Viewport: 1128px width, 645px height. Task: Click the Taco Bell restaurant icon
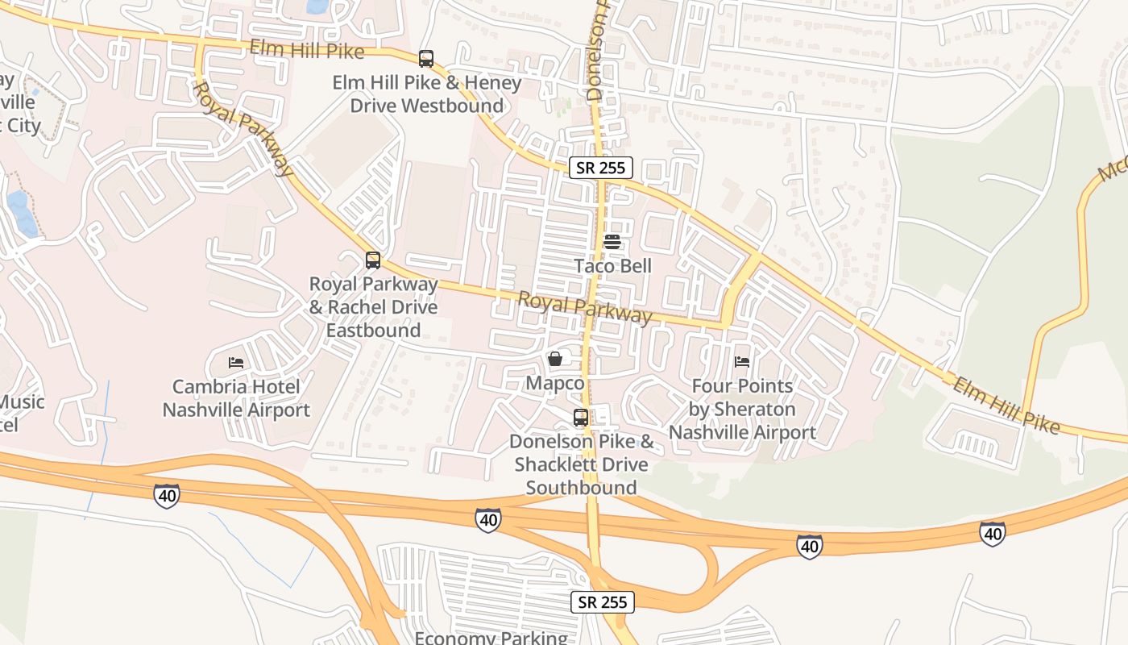612,241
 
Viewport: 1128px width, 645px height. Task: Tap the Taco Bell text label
612,266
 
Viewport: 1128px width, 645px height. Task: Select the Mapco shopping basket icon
554,359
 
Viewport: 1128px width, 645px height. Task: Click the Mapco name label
554,383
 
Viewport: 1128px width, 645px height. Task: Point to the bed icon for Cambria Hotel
235,362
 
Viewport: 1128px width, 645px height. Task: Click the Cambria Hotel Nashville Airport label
236,398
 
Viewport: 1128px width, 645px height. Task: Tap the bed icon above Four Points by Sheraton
742,361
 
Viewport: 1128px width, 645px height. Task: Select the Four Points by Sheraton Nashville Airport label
742,410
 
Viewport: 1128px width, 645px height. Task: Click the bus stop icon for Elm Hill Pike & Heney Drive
425,59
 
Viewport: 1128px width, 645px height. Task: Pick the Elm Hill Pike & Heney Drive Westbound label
427,94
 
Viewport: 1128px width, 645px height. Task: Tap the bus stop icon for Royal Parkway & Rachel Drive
372,260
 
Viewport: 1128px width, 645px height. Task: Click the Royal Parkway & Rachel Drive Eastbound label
374,307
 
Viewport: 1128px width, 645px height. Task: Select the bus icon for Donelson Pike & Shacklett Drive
580,418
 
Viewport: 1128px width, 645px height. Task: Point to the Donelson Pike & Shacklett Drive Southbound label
581,464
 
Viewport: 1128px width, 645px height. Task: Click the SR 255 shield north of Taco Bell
601,168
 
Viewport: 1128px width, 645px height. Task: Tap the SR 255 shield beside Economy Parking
603,601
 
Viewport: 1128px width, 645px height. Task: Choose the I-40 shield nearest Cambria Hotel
166,496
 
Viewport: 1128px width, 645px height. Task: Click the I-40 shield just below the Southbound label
487,520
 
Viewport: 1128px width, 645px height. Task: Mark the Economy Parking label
491,638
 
